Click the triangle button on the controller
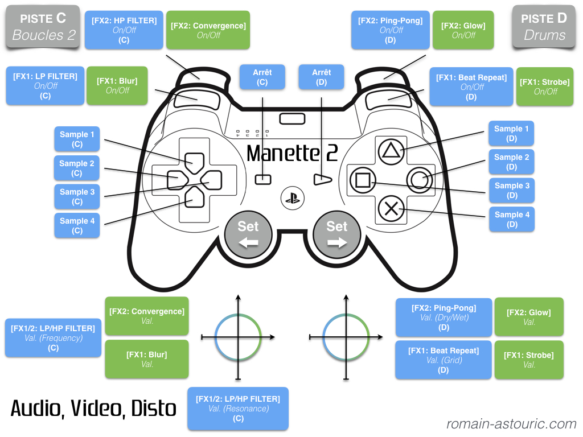391,151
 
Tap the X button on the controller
391,208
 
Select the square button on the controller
362,180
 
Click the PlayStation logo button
292,197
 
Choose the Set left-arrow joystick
248,234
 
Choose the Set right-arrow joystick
336,234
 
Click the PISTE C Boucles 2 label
44,27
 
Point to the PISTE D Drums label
544,27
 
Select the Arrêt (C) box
262,77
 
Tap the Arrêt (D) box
321,77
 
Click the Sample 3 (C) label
77,196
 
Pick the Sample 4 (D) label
512,219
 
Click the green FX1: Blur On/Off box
117,85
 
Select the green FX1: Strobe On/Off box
544,86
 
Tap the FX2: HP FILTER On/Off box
124,30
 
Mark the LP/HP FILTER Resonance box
238,409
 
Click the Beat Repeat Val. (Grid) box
444,360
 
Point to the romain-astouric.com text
511,424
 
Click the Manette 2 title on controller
292,153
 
